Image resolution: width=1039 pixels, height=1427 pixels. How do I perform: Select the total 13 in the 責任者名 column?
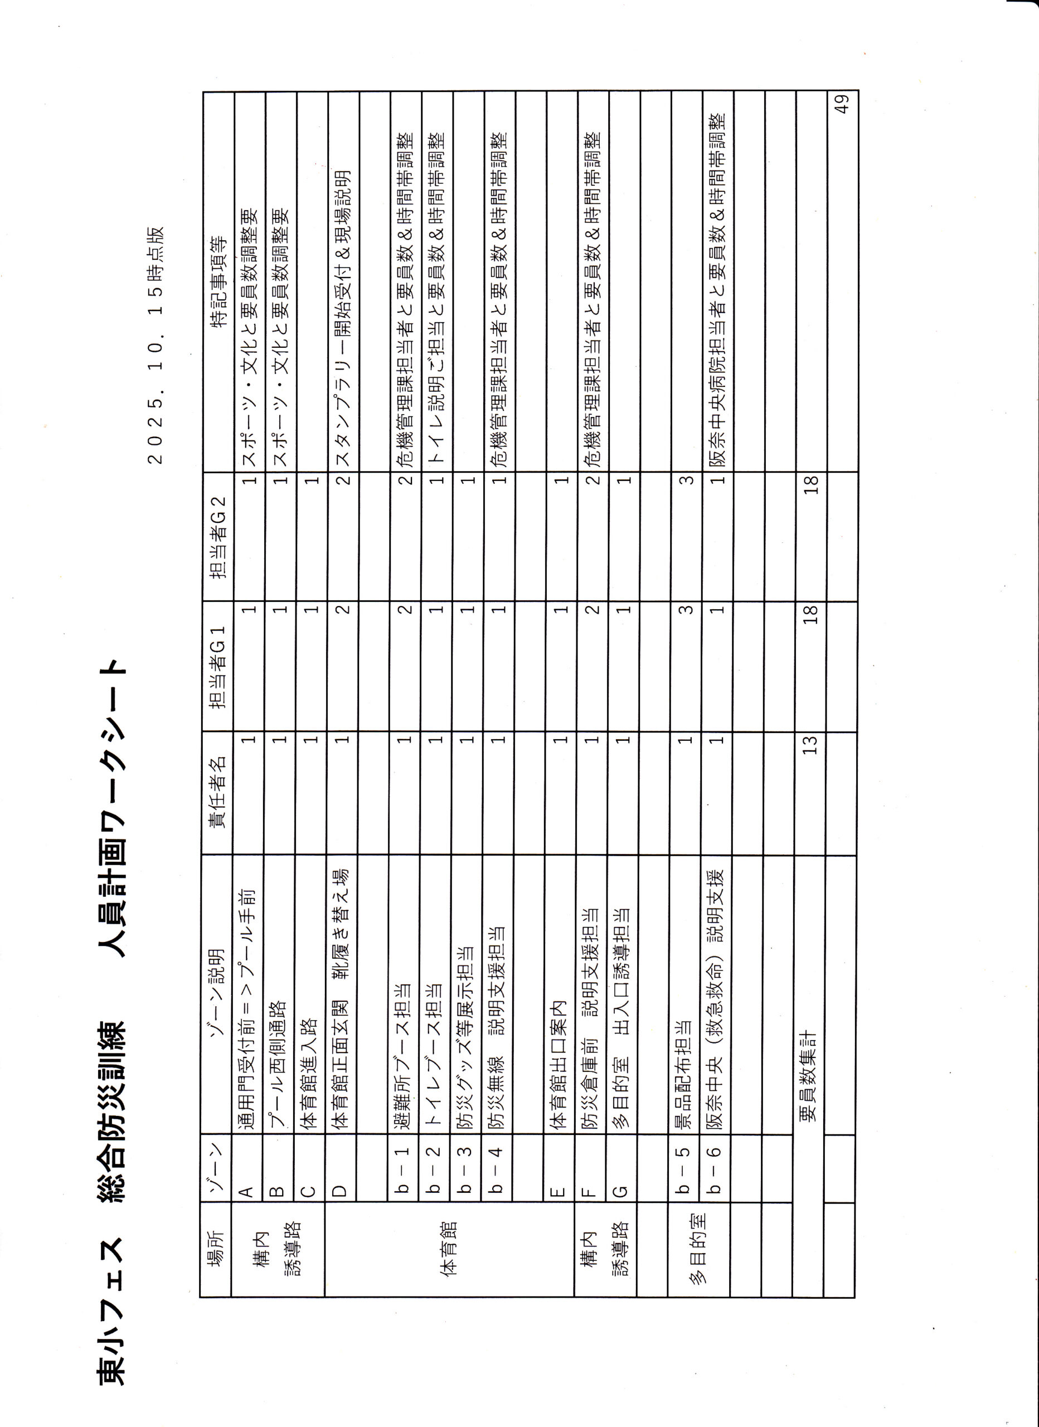pos(810,744)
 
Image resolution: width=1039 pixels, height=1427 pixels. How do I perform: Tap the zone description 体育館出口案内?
pos(560,1075)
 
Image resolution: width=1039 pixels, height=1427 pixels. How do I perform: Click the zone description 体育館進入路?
pos(311,1074)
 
